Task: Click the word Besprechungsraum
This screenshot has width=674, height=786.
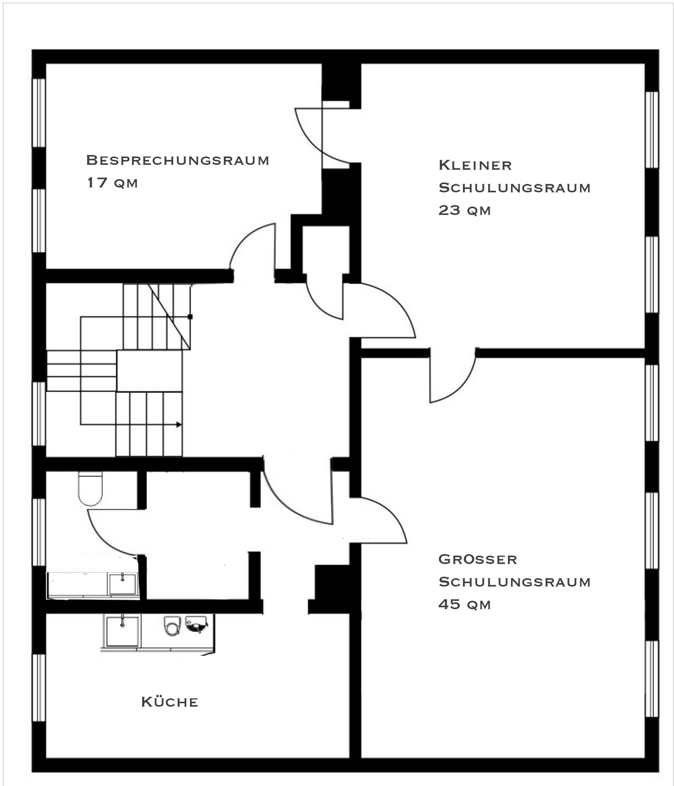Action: point(177,160)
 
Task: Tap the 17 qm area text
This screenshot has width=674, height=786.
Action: point(112,183)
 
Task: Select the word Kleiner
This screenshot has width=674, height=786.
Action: point(475,165)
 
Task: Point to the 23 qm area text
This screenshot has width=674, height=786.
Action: point(464,210)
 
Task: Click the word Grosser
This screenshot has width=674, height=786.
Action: point(478,559)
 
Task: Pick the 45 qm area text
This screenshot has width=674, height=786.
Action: point(464,604)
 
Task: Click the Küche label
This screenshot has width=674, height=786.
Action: point(170,702)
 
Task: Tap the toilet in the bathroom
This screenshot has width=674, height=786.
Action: point(90,488)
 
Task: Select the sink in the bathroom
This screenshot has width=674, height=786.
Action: point(122,584)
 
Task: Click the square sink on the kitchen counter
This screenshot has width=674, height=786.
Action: point(122,631)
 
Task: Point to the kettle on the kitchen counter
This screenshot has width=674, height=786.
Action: point(172,626)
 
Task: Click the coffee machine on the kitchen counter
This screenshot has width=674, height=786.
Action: point(196,624)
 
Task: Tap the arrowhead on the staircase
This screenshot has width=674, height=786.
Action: point(179,424)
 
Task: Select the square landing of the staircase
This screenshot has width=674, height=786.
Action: point(150,371)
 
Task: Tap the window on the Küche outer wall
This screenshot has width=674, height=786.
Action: point(39,687)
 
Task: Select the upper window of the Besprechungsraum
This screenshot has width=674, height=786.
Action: point(39,113)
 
